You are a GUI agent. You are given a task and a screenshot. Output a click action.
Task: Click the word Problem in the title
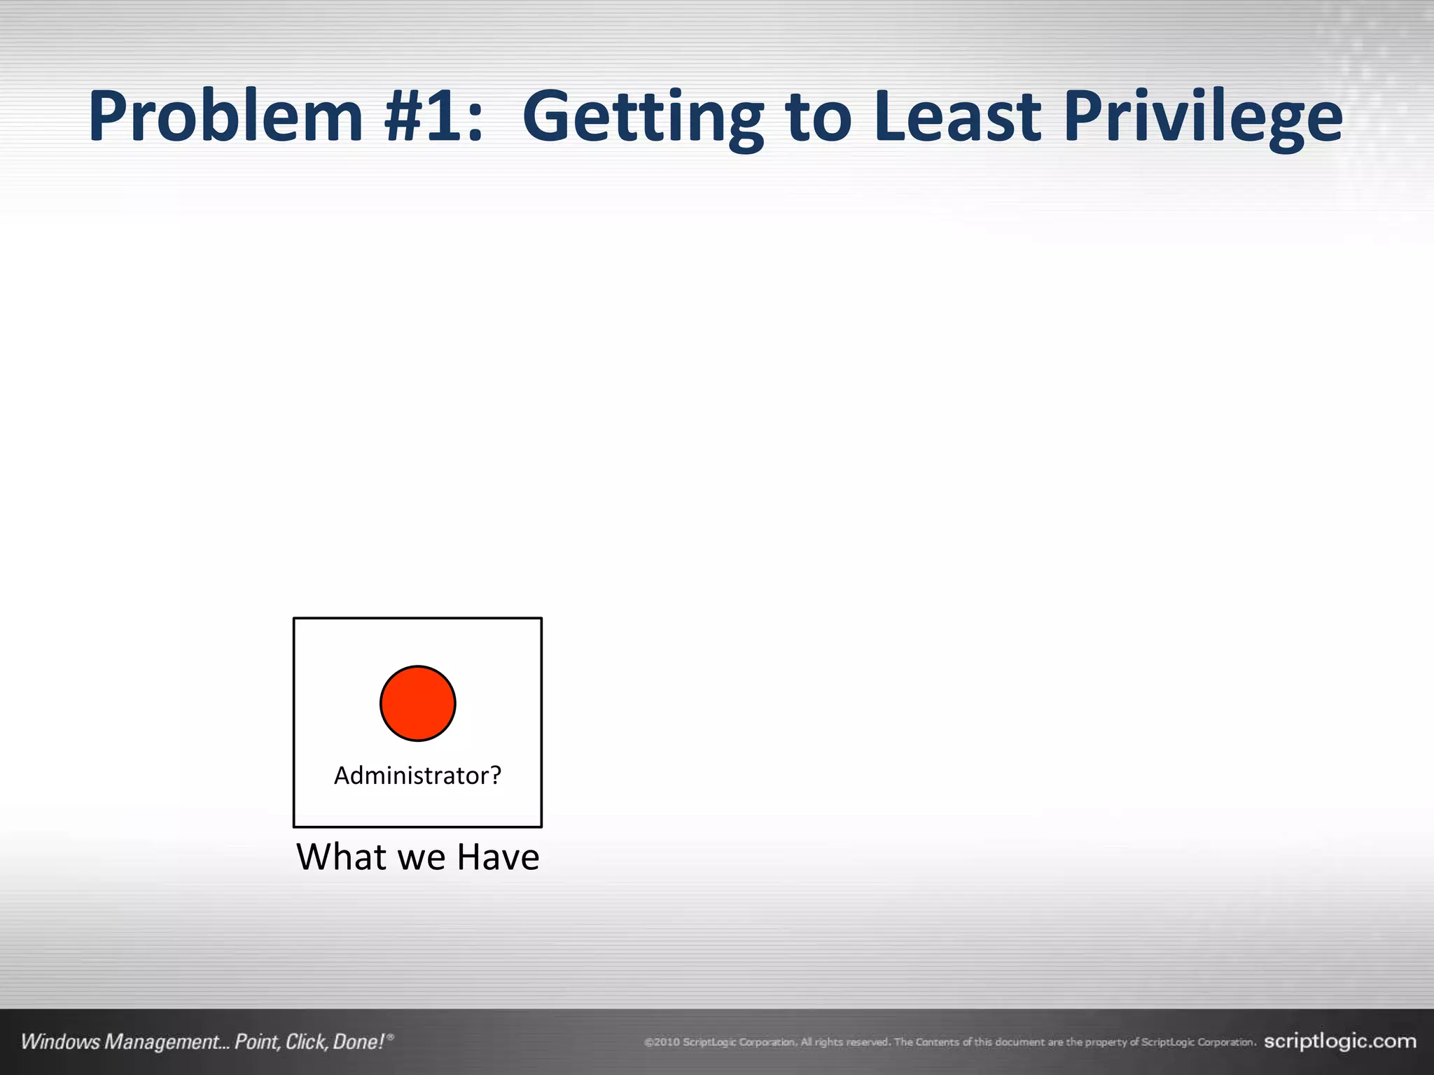click(x=225, y=116)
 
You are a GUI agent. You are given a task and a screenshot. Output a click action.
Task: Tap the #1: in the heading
click(x=433, y=116)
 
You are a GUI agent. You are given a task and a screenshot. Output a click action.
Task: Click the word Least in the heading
click(x=957, y=116)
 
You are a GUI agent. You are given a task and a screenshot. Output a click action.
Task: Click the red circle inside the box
click(x=418, y=703)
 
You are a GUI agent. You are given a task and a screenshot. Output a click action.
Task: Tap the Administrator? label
click(x=417, y=775)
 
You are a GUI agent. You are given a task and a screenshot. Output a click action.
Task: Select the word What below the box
click(x=341, y=857)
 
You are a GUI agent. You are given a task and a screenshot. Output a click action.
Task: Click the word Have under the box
click(x=498, y=857)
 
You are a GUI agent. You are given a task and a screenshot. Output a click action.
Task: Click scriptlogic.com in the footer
click(x=1339, y=1041)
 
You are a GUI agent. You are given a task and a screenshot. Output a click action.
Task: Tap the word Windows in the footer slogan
click(x=60, y=1042)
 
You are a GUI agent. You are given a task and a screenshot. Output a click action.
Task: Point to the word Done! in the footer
click(x=358, y=1042)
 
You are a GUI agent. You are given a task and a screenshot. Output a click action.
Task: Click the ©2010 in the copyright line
click(x=662, y=1042)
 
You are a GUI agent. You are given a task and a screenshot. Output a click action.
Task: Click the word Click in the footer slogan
click(x=306, y=1042)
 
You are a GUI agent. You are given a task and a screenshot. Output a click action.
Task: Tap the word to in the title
click(x=818, y=118)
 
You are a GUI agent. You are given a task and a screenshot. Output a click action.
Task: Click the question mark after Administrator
click(x=495, y=775)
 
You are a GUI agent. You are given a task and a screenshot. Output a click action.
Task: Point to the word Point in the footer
click(x=257, y=1042)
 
